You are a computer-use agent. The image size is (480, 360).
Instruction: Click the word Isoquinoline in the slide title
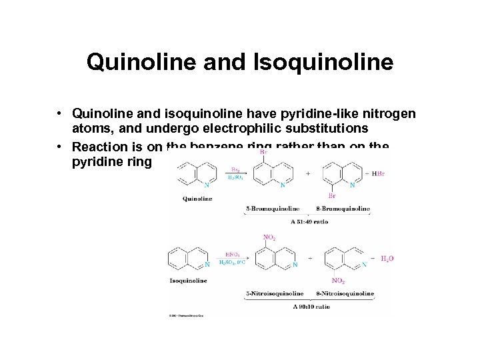(325, 63)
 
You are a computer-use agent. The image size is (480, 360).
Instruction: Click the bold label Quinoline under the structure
(197, 199)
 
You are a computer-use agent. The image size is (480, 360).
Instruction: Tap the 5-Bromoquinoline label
(273, 209)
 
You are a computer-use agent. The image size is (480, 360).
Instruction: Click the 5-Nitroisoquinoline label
(275, 293)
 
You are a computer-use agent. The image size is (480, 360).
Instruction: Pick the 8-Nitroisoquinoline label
(345, 293)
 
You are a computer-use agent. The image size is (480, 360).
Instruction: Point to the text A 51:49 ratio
(308, 221)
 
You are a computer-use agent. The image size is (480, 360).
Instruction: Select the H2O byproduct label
(387, 257)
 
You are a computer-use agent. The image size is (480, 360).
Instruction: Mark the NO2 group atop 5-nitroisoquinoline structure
(270, 237)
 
